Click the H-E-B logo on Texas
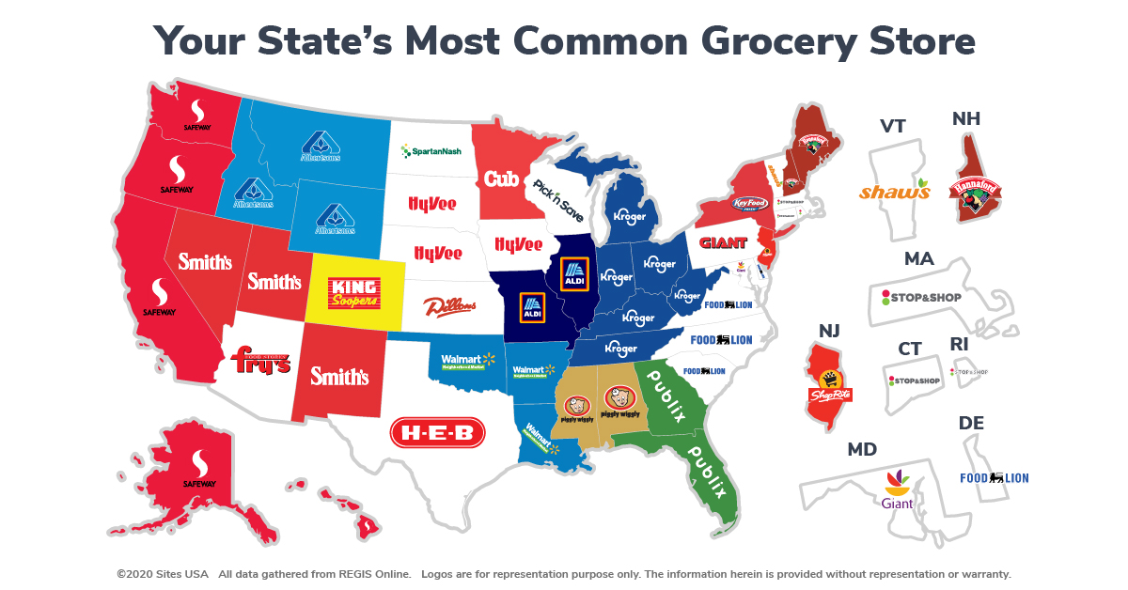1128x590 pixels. pos(437,432)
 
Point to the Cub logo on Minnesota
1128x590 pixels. pos(502,178)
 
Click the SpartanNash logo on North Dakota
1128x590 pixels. pos(431,150)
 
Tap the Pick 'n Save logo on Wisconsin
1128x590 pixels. pos(558,200)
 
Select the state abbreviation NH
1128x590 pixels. pos(967,119)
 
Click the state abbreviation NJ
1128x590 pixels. pos(829,331)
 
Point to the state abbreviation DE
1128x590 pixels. pos(971,424)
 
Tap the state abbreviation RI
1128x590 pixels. pos(959,345)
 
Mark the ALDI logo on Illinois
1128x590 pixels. pos(573,273)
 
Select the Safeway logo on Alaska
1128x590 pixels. pos(198,468)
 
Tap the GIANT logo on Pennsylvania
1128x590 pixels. pos(724,243)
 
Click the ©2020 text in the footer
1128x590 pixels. pos(135,573)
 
